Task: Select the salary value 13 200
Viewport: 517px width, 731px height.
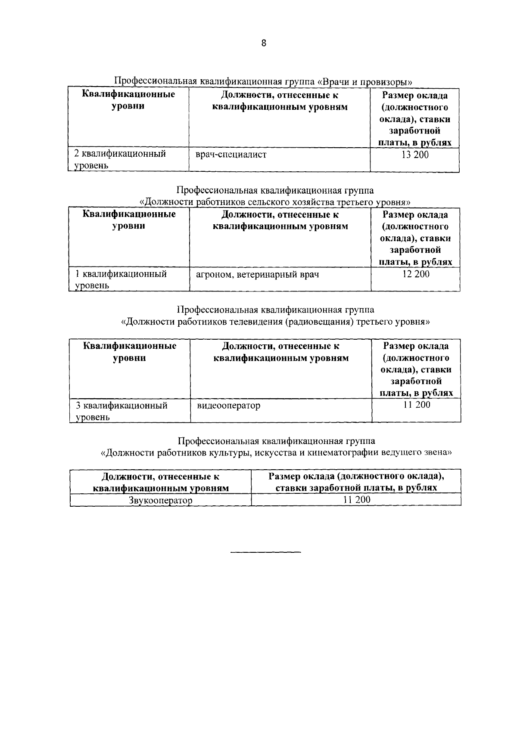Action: [415, 155]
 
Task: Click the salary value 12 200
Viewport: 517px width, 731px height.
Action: [416, 274]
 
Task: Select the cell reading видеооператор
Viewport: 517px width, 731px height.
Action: [228, 406]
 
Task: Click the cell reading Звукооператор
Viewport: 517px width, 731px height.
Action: [160, 500]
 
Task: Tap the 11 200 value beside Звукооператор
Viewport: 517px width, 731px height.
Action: [356, 500]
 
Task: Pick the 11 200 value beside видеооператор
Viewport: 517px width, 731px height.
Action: [416, 405]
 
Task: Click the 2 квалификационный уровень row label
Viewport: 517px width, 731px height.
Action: [120, 159]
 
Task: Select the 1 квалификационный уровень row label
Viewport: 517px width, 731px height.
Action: [121, 279]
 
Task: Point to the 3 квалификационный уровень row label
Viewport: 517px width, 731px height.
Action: [121, 411]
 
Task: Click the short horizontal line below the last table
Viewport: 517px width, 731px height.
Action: [265, 552]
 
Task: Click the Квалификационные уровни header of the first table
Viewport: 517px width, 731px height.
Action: [128, 100]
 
